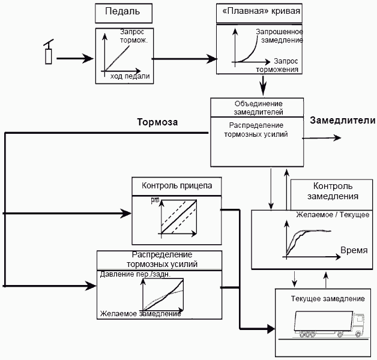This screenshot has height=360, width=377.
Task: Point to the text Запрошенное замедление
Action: (x=279, y=36)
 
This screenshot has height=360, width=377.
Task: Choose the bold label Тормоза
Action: (x=158, y=122)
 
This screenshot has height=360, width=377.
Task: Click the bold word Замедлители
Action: (x=343, y=121)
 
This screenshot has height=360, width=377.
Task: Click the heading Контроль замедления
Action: (x=333, y=191)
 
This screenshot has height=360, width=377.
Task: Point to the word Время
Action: (x=354, y=250)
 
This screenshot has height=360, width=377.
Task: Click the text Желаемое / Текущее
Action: (x=333, y=214)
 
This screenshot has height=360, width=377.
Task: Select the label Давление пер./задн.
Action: (x=135, y=274)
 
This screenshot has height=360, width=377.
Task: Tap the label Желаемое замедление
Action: (x=140, y=313)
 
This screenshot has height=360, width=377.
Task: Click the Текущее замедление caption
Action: (x=328, y=298)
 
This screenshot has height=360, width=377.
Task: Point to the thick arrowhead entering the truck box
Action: (x=269, y=329)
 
